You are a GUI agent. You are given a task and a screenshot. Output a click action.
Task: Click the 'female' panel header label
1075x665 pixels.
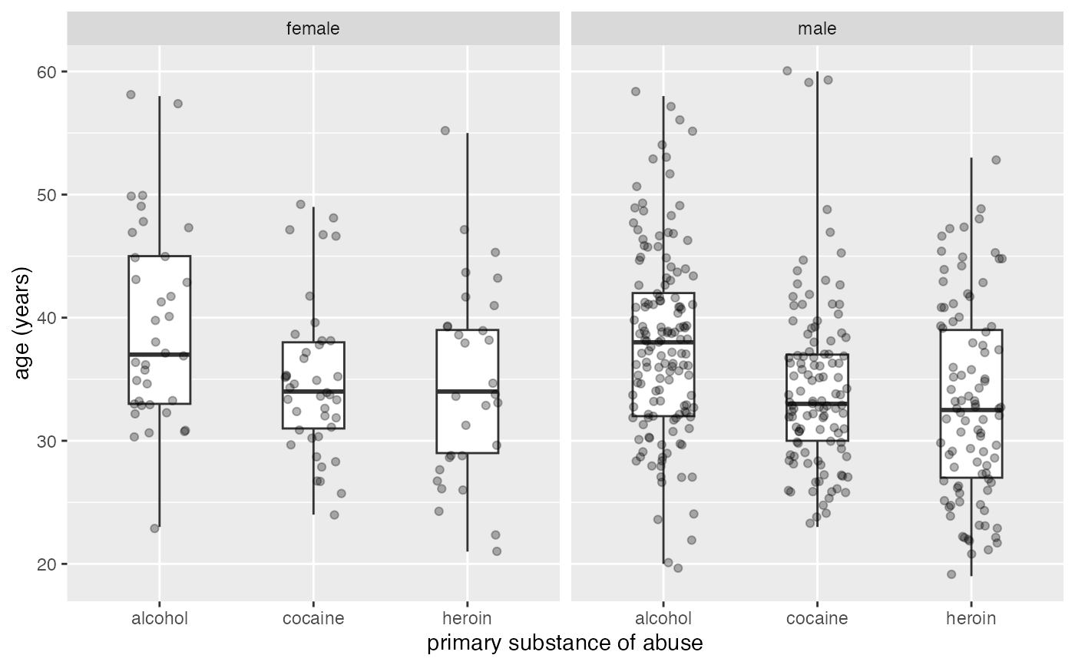click(313, 29)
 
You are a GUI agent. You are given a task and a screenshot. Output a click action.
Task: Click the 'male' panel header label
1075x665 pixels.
click(817, 29)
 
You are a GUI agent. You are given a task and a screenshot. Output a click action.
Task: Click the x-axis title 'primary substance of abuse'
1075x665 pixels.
click(564, 643)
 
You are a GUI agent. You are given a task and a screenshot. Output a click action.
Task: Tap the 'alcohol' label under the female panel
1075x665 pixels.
click(160, 618)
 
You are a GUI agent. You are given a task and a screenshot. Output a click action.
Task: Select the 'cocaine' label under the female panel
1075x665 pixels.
click(313, 618)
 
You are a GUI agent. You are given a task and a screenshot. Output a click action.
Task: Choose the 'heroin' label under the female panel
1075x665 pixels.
click(467, 618)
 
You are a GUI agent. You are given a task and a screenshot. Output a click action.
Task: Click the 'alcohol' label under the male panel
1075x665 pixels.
click(663, 618)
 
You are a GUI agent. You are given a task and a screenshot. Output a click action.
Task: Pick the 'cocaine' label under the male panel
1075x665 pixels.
click(817, 618)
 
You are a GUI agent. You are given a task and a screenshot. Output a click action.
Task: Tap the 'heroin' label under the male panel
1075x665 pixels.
click(971, 618)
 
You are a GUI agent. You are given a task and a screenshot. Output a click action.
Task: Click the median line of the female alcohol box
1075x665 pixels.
click(160, 354)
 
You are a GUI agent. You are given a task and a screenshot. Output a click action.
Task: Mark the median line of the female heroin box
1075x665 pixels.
click(467, 391)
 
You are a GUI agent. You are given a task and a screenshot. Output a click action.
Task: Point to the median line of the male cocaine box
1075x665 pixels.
click(817, 403)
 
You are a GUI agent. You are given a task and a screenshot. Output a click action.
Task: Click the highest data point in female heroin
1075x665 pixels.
click(445, 131)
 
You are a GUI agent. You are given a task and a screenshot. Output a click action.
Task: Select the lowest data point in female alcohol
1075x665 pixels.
click(154, 528)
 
